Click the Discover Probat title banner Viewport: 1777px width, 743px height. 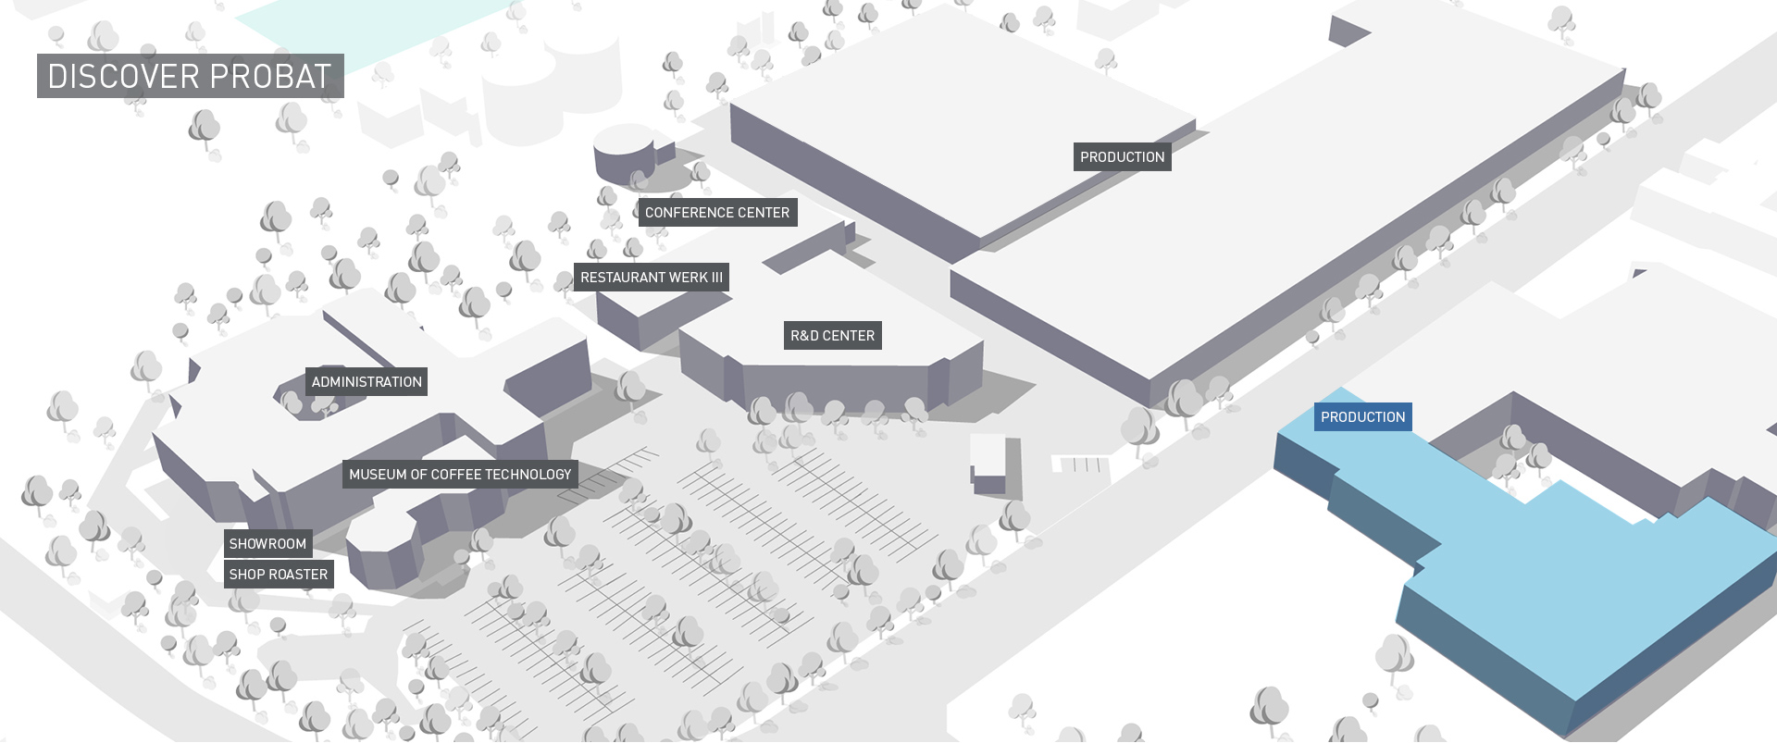[x=191, y=76]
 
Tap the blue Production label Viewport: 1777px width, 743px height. [x=1362, y=417]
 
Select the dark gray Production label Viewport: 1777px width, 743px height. [x=1123, y=157]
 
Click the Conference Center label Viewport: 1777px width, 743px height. [x=717, y=213]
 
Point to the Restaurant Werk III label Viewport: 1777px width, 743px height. [x=652, y=278]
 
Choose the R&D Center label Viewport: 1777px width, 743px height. [x=833, y=336]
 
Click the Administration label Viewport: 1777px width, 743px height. [x=367, y=382]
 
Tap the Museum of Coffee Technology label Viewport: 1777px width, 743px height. [x=460, y=475]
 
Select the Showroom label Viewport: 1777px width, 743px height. [x=267, y=544]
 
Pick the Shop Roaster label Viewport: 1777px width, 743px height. [x=279, y=575]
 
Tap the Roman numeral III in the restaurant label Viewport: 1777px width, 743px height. [x=716, y=278]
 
